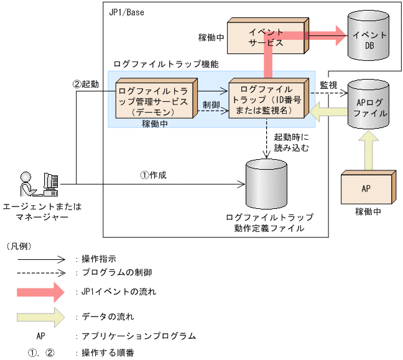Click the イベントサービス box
266,38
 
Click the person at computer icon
39,184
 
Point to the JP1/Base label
127,12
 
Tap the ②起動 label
85,84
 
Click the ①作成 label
153,175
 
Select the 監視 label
329,85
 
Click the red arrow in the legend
41,291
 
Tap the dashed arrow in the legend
41,272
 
